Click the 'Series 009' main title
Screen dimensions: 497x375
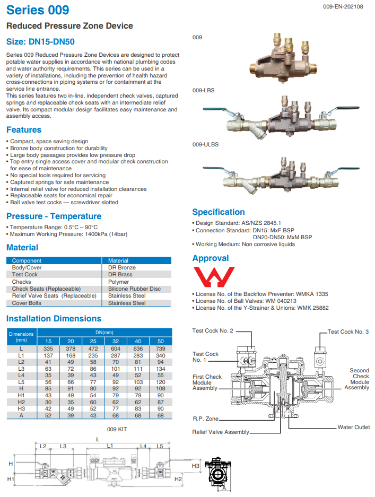pos(38,10)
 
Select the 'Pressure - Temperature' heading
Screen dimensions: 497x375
pos(54,216)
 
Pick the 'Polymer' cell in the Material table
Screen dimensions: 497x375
pos(119,282)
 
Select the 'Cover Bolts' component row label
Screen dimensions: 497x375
pos(27,303)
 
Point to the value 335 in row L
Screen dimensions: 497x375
pos(48,348)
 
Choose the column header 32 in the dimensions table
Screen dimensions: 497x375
pos(116,341)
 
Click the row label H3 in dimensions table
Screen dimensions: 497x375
pos(21,408)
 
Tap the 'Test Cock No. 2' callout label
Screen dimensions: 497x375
pos(213,330)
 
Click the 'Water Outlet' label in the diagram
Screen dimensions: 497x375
pos(354,427)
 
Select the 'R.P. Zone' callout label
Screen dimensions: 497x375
pos(206,418)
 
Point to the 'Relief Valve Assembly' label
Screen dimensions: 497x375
pos(221,432)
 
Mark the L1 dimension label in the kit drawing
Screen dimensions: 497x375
pos(110,447)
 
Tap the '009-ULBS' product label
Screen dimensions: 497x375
pos(205,144)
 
